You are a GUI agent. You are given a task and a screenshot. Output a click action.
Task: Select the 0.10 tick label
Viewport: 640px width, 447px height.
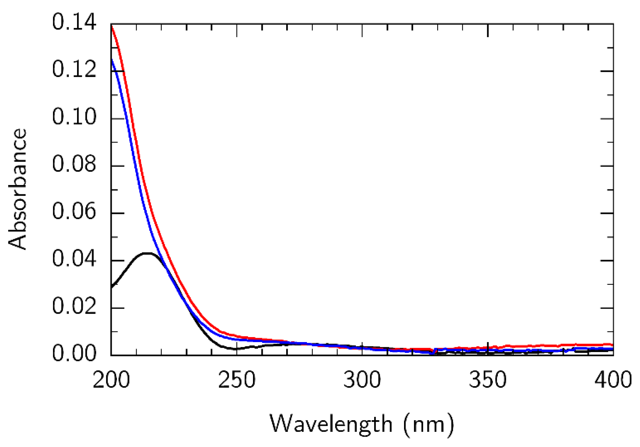coord(74,117)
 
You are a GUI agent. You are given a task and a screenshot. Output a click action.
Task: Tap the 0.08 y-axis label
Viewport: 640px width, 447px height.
coord(74,164)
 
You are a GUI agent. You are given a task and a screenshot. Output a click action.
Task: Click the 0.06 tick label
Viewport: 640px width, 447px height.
coord(74,212)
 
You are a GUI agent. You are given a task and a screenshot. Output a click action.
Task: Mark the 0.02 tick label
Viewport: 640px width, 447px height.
coord(74,306)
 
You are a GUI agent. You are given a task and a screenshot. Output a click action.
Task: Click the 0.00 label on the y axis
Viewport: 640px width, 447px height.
coord(74,354)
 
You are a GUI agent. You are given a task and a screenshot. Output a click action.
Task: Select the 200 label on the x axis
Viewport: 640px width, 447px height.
coord(111,380)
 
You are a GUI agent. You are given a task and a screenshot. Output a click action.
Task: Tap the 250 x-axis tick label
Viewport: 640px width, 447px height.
coord(237,380)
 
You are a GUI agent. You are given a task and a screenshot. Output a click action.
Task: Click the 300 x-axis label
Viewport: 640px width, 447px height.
coord(362,380)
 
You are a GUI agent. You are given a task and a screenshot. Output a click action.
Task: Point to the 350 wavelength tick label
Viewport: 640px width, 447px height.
coord(487,380)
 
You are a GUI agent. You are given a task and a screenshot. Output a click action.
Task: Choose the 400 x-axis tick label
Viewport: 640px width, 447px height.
coord(613,380)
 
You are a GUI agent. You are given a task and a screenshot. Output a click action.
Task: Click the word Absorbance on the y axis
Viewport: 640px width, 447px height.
coord(18,189)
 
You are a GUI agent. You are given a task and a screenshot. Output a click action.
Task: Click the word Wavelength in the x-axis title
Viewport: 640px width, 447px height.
coord(331,424)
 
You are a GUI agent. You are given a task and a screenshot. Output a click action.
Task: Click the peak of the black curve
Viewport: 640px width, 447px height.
coord(147,253)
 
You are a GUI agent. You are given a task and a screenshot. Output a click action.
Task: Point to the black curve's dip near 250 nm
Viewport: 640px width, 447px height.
coord(236,349)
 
